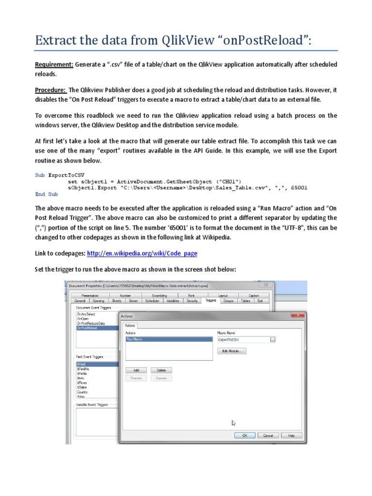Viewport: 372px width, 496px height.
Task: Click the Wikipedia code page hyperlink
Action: click(x=142, y=253)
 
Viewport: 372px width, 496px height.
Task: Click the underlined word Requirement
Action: click(x=54, y=64)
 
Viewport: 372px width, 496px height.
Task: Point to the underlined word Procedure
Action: click(x=50, y=90)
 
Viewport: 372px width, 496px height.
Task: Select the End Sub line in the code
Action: click(x=46, y=194)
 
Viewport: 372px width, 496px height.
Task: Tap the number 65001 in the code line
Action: click(x=298, y=187)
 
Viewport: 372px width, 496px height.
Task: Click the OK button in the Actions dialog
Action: click(x=245, y=435)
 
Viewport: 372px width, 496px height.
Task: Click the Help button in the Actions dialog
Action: click(x=291, y=435)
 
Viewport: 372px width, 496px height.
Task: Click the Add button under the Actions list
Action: click(x=136, y=370)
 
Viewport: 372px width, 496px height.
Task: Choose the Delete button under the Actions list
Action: click(x=161, y=370)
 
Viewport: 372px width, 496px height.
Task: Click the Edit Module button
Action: click(x=232, y=351)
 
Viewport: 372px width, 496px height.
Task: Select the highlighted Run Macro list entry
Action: click(x=169, y=340)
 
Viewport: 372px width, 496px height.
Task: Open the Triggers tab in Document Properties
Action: click(x=211, y=301)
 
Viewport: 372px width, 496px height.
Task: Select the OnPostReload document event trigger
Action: click(x=87, y=327)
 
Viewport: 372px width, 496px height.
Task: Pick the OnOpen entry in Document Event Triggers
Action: click(x=82, y=319)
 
